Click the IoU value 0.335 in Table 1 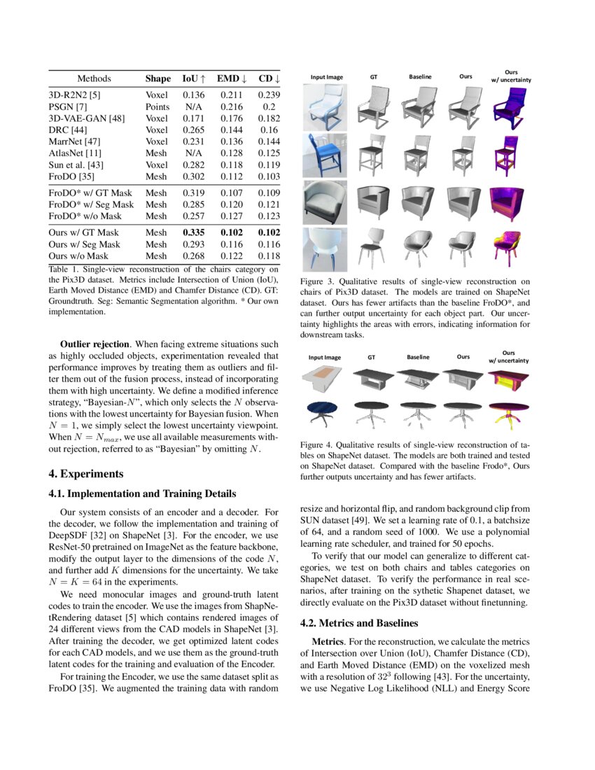coord(194,232)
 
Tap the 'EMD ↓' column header coord(231,79)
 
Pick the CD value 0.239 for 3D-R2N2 coord(269,95)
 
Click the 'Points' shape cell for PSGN coord(157,107)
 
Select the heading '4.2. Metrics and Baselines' coord(358,622)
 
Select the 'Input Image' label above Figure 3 coord(326,76)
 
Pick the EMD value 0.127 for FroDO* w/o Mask coord(231,216)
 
